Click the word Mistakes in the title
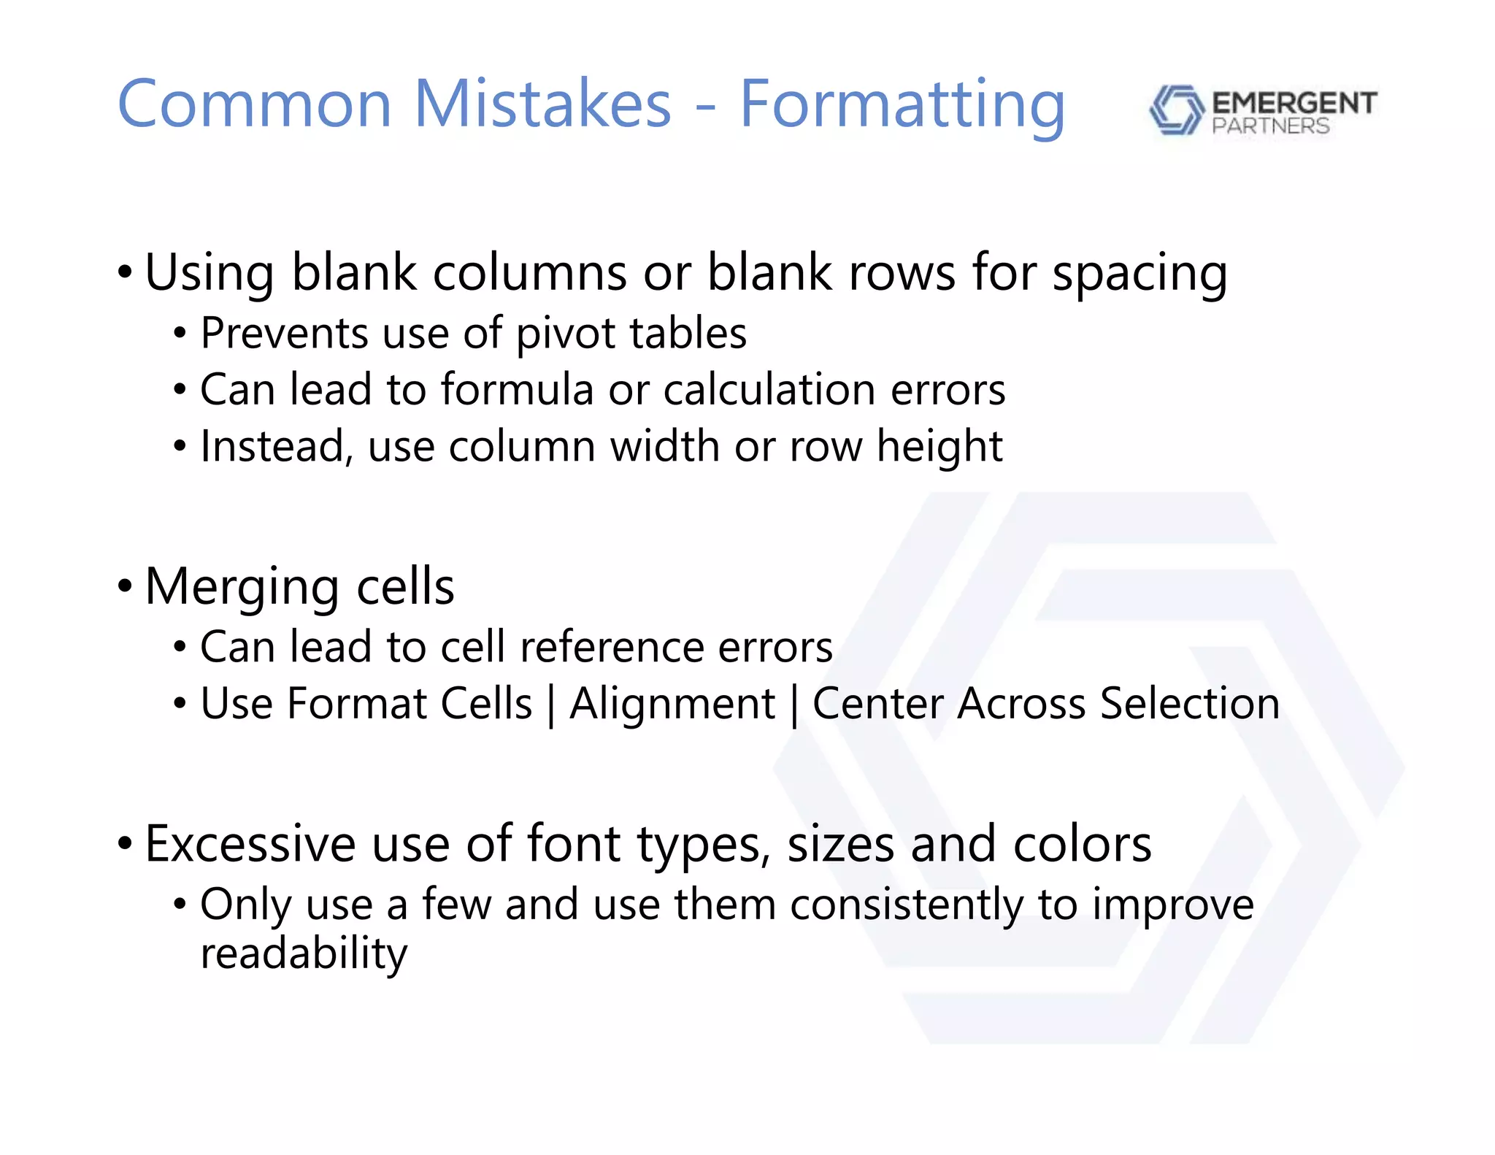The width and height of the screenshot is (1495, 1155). (x=542, y=104)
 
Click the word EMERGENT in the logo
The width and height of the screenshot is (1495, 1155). (x=1294, y=103)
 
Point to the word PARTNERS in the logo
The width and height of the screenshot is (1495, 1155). (x=1270, y=126)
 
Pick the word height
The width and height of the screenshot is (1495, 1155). (x=939, y=446)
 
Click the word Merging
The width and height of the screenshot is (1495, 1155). (x=242, y=588)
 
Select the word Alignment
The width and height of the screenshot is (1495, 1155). (x=672, y=705)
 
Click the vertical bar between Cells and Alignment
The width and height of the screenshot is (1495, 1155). (x=551, y=705)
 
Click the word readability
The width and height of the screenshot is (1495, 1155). (x=304, y=954)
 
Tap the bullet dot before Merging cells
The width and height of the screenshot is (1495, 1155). (x=125, y=586)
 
